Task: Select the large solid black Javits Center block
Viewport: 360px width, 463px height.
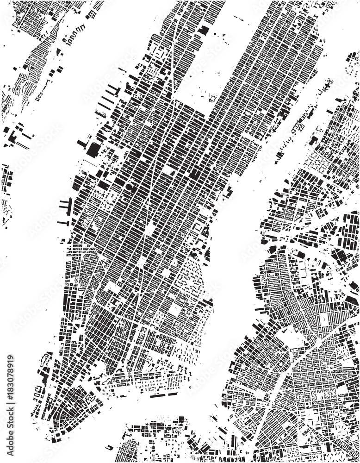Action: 94,149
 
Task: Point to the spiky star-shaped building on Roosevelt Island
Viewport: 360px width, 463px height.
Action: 328,85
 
